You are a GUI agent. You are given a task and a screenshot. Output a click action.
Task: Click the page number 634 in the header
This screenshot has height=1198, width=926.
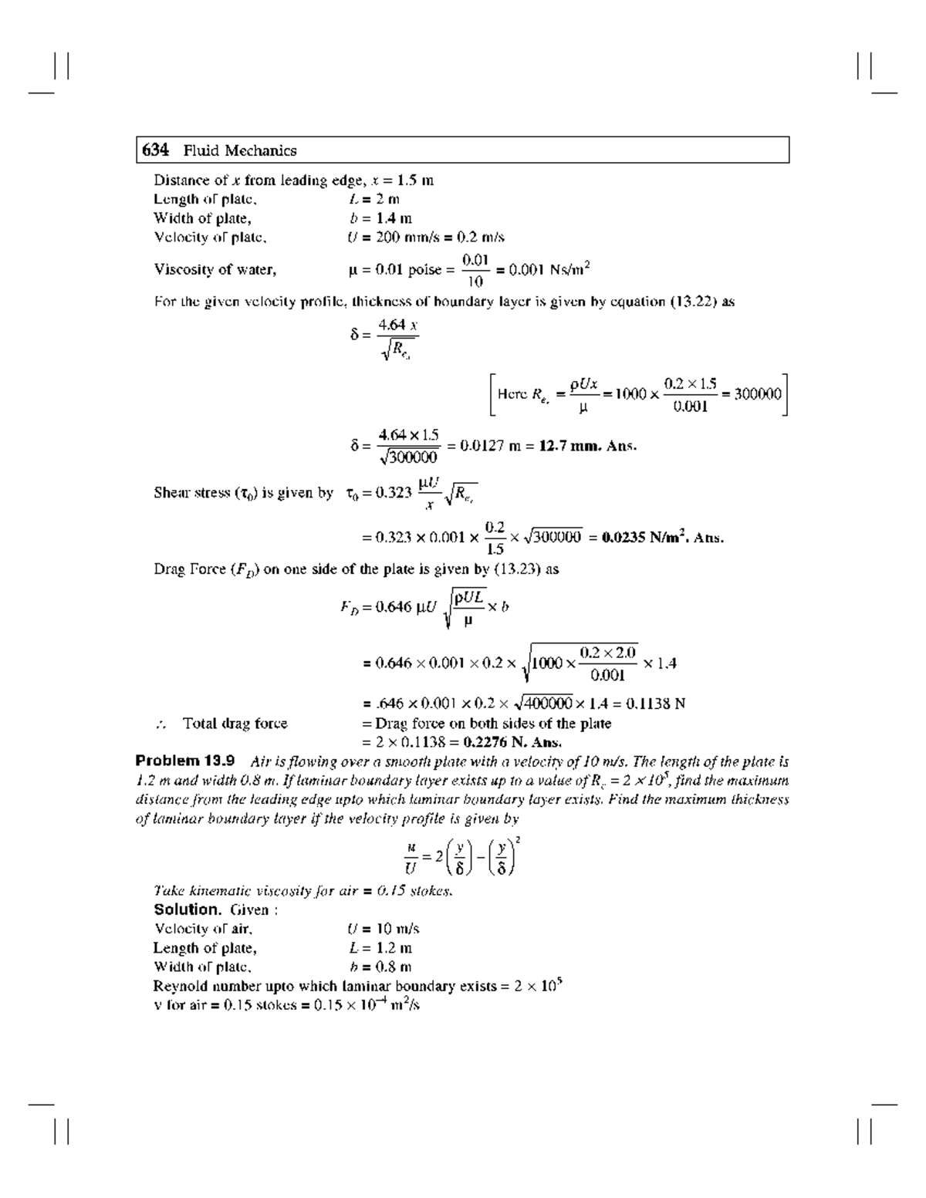pyautogui.click(x=155, y=150)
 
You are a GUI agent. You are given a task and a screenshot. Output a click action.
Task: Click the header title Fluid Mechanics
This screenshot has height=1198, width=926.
pyautogui.click(x=240, y=150)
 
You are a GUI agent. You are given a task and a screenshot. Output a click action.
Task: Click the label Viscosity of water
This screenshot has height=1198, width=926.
pyautogui.click(x=215, y=269)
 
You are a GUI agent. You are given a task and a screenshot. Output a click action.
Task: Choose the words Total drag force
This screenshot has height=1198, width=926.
pyautogui.click(x=235, y=724)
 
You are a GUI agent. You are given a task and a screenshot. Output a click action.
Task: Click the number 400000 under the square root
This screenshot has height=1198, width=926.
pyautogui.click(x=549, y=704)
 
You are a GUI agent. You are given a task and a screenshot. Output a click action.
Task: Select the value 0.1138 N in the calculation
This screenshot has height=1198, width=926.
pyautogui.click(x=658, y=704)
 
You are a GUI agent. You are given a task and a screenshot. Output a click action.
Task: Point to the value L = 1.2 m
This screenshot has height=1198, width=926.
pyautogui.click(x=380, y=948)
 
